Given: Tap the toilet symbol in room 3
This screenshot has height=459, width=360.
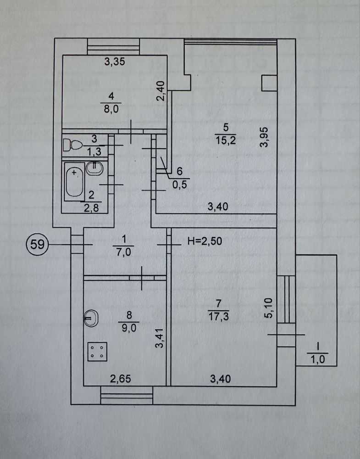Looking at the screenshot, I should pyautogui.click(x=72, y=145).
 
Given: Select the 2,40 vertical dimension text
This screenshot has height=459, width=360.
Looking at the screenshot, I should pyautogui.click(x=160, y=91).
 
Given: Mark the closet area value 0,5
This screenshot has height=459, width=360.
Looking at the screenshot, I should pyautogui.click(x=179, y=185).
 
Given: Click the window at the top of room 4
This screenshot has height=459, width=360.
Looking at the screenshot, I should pyautogui.click(x=113, y=46).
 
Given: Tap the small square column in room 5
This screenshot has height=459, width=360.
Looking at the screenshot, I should pyautogui.click(x=268, y=83).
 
